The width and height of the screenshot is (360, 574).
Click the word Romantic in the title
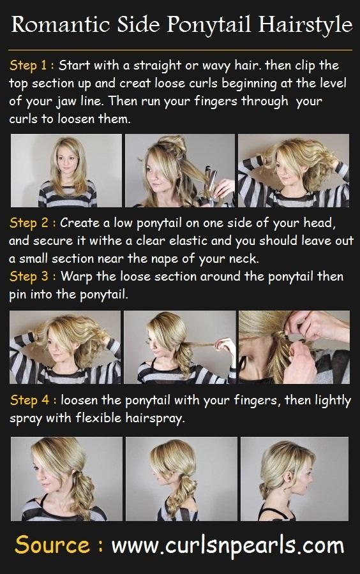pos(61,24)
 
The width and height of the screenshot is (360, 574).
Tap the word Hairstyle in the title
pos(306,26)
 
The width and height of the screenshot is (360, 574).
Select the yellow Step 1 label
pos(29,66)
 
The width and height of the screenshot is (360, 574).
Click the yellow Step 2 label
pos(29,223)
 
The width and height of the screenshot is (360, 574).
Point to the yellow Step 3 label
pos(29,277)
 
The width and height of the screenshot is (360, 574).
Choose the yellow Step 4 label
pos(29,400)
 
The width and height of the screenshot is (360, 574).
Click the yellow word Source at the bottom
pos(52,545)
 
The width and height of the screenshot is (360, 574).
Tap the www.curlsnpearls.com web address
pos(228,546)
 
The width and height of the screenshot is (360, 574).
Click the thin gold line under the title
pos(180,50)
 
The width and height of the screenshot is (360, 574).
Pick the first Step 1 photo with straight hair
pos(66,170)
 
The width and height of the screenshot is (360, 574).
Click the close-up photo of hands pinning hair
pos(294,347)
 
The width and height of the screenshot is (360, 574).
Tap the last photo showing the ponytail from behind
pos(294,479)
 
